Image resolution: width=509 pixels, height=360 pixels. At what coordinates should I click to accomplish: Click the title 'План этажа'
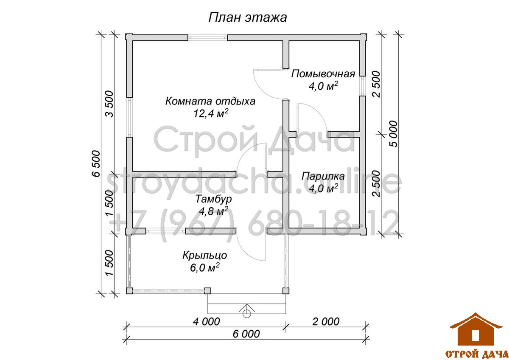[248, 17]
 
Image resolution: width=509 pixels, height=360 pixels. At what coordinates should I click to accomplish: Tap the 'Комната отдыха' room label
[210, 101]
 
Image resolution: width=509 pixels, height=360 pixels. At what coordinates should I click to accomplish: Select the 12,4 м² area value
[211, 113]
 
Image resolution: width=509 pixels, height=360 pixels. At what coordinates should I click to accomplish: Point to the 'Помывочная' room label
[323, 74]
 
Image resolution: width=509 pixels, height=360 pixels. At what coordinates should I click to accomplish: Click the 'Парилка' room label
[323, 176]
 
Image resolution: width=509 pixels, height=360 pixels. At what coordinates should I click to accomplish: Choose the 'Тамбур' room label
[213, 199]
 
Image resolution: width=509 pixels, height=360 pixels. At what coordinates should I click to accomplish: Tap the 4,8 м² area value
[213, 211]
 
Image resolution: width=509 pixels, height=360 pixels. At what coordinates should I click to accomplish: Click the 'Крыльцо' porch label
[204, 256]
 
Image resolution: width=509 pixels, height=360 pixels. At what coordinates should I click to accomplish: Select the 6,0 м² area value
[204, 267]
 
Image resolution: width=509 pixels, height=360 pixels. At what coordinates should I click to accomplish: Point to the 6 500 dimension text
[96, 163]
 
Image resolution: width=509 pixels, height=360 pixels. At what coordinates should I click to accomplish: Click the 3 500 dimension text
[109, 104]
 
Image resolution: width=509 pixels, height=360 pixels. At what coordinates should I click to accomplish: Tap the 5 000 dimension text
[394, 134]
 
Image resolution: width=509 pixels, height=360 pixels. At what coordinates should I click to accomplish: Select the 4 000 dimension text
[206, 321]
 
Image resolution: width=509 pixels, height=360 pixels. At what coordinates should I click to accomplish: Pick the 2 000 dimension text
[326, 321]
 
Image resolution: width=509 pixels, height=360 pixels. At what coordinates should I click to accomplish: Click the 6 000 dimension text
[246, 334]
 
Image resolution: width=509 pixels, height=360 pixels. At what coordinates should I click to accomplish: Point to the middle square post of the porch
[207, 291]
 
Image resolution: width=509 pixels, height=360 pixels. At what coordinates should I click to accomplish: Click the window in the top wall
[208, 37]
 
